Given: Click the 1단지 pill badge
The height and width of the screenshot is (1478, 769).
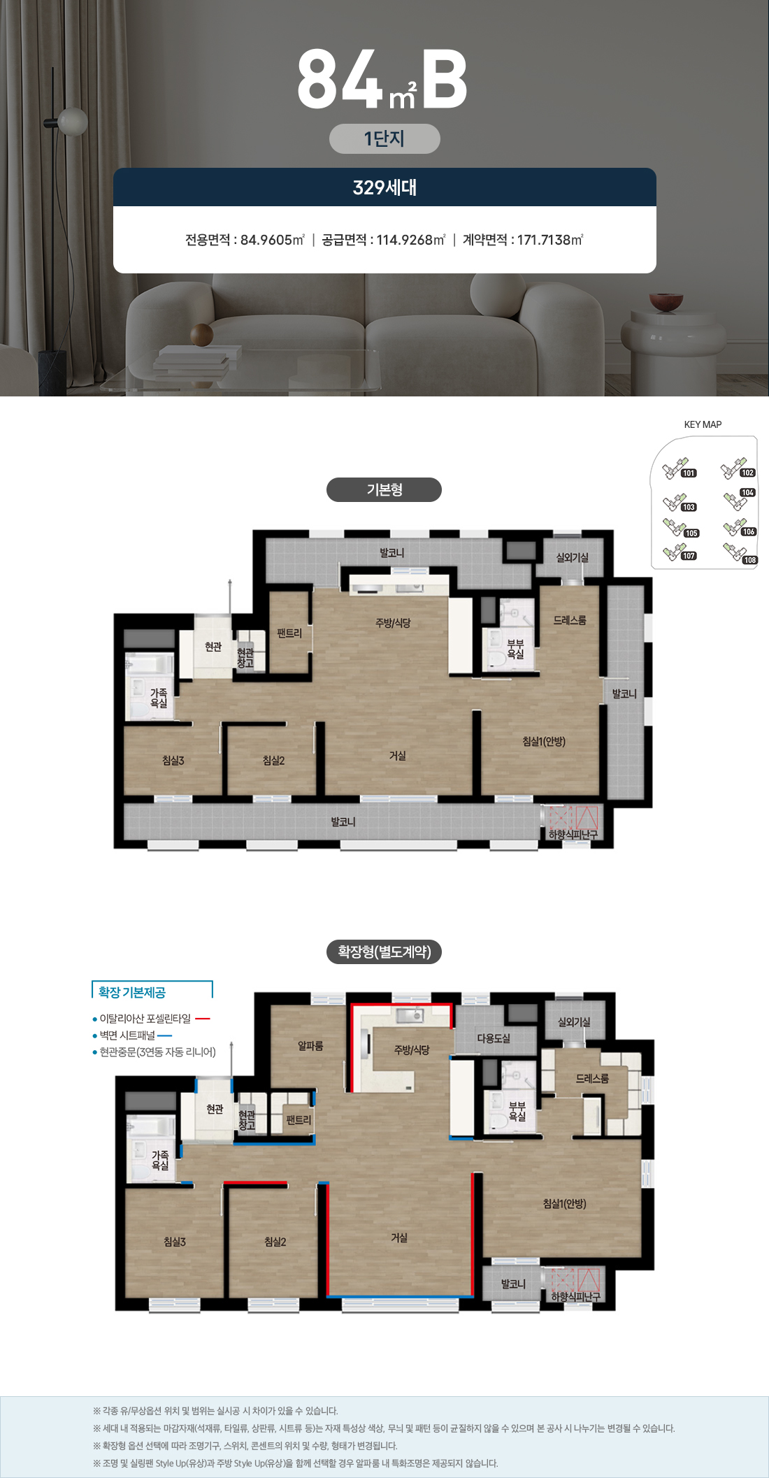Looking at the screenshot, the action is click(384, 138).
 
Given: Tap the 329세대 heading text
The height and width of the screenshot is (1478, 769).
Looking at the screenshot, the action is click(384, 187).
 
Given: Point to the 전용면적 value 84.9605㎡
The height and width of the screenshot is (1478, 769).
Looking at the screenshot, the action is click(273, 240).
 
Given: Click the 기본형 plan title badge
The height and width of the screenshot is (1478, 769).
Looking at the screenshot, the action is click(384, 489).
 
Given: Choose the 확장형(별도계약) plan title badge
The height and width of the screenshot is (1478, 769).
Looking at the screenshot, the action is click(384, 952).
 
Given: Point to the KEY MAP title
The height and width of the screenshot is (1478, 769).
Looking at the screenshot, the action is click(703, 424).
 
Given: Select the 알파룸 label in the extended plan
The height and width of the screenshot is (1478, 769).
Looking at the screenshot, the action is click(310, 1046).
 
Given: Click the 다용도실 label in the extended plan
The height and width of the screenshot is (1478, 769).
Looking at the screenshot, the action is click(494, 1038).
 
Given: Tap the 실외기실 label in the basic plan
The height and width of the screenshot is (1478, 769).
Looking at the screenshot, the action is click(572, 557).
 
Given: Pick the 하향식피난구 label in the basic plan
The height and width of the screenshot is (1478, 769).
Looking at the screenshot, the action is click(573, 835).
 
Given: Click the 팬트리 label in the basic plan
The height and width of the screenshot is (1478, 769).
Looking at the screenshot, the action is click(289, 633).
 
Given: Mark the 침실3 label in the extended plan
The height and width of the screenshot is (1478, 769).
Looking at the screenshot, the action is click(175, 1242).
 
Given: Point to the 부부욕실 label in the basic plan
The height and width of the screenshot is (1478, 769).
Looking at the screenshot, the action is click(515, 649).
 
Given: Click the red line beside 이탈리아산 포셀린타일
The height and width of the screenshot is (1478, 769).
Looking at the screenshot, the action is click(203, 1019).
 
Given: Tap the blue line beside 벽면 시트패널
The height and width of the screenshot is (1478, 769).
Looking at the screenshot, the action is click(165, 1035).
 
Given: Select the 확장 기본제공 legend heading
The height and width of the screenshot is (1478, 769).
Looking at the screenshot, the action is click(132, 992).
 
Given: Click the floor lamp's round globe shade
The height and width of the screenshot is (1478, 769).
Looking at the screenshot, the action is click(73, 122).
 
